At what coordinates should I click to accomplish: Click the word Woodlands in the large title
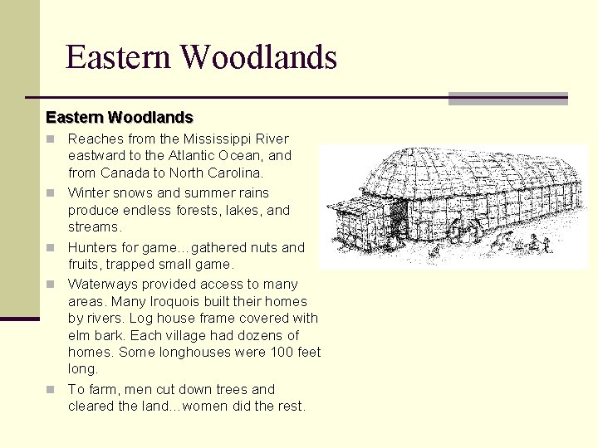pyautogui.click(x=258, y=57)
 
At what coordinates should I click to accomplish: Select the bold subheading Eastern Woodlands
pyautogui.click(x=120, y=117)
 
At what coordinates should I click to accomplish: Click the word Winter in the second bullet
pyautogui.click(x=87, y=192)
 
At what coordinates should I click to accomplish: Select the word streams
pyautogui.click(x=94, y=226)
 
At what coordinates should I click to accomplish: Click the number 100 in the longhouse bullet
pyautogui.click(x=282, y=352)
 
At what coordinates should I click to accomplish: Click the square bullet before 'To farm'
pyautogui.click(x=50, y=389)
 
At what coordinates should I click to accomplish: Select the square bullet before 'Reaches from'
pyautogui.click(x=50, y=139)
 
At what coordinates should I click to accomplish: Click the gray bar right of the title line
pyautogui.click(x=507, y=99)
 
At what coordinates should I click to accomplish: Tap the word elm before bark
pyautogui.click(x=80, y=335)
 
